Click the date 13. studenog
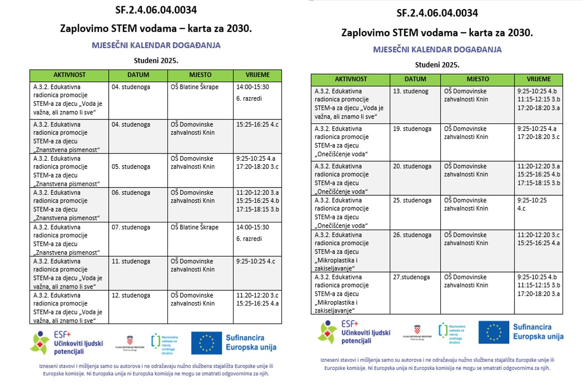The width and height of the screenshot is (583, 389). [x=411, y=91]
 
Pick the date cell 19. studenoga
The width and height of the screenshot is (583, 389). [x=413, y=129]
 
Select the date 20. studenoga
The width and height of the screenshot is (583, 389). [x=413, y=166]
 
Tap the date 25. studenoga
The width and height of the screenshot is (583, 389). [x=413, y=200]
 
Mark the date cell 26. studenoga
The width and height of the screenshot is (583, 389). [x=413, y=235]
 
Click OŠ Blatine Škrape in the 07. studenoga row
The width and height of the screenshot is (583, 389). [x=195, y=227]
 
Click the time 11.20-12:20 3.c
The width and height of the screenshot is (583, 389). [x=257, y=295]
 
